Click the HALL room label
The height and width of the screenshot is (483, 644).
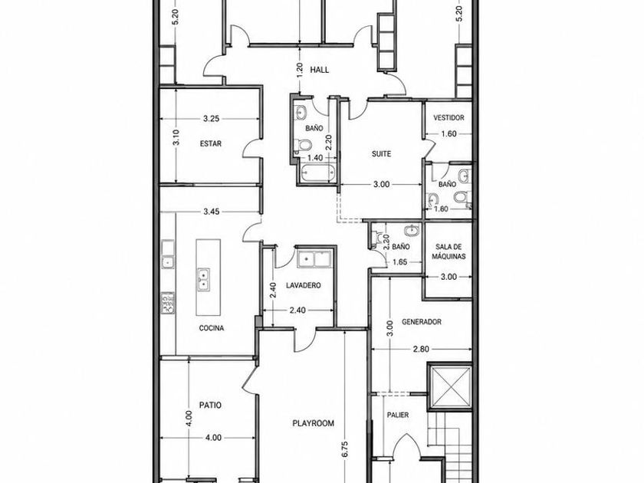(319, 70)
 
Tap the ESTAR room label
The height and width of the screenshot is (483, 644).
(211, 144)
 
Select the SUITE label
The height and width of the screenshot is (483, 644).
(381, 154)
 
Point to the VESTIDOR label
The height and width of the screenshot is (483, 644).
(449, 117)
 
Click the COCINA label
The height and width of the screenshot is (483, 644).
(212, 328)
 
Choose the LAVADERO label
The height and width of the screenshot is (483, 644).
(303, 285)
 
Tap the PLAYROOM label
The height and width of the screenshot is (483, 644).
(313, 423)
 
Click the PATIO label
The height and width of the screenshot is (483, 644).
(210, 406)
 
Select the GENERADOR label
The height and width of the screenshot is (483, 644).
(422, 321)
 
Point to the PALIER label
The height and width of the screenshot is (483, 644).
(398, 416)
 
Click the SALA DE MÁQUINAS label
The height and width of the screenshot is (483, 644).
(449, 251)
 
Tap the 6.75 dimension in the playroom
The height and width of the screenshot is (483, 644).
(345, 449)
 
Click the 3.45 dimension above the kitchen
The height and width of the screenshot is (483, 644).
(211, 212)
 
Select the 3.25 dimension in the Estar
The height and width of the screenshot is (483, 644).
(211, 119)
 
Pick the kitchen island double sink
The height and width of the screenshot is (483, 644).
(203, 280)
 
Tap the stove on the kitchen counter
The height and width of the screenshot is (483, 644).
(167, 303)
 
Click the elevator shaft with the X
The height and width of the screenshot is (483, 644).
(449, 386)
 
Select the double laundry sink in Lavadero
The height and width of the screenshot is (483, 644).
(314, 258)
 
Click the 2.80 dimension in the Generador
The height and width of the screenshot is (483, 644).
(421, 349)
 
